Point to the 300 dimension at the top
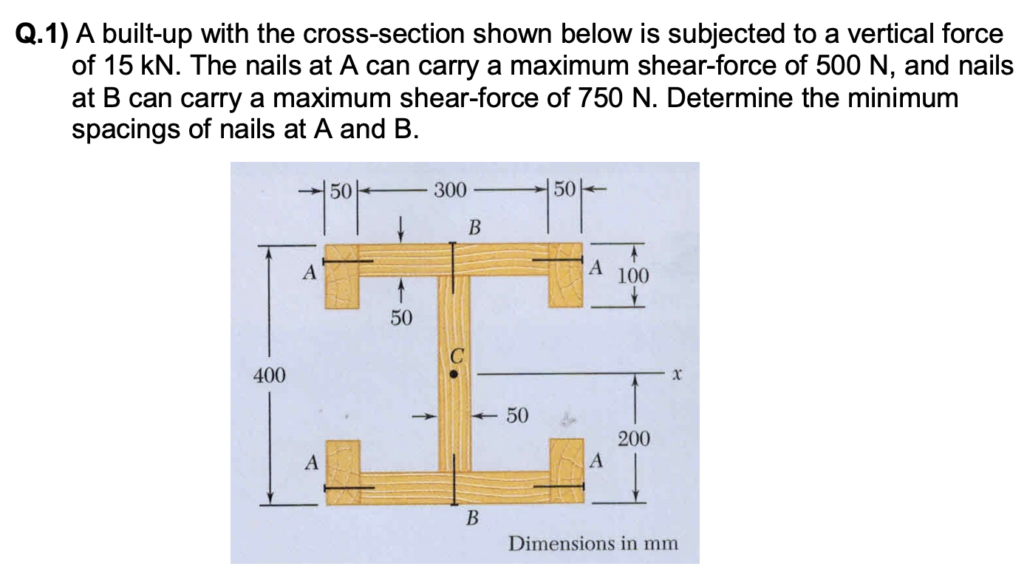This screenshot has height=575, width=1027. click(449, 191)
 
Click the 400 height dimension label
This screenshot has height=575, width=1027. click(269, 376)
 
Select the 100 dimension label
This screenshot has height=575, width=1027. click(633, 276)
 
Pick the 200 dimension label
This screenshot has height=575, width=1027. click(634, 440)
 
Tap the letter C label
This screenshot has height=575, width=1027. click(457, 356)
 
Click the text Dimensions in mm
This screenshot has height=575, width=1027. click(593, 544)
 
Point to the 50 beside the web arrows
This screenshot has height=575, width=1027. click(516, 416)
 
